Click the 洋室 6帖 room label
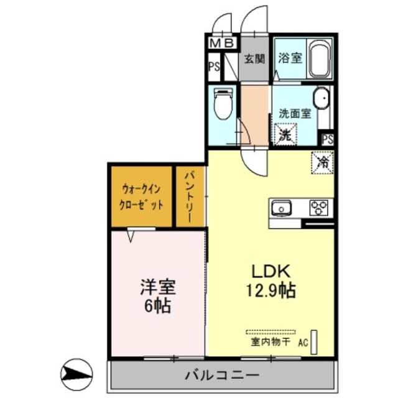tap(157, 296)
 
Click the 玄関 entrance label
tap(254, 60)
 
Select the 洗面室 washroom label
tap(294, 114)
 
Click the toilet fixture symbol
tap(222, 105)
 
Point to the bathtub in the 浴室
tap(320, 59)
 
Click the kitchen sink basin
tap(280, 207)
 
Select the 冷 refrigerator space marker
tap(323, 163)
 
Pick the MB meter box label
tap(222, 44)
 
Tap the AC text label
tap(303, 341)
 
